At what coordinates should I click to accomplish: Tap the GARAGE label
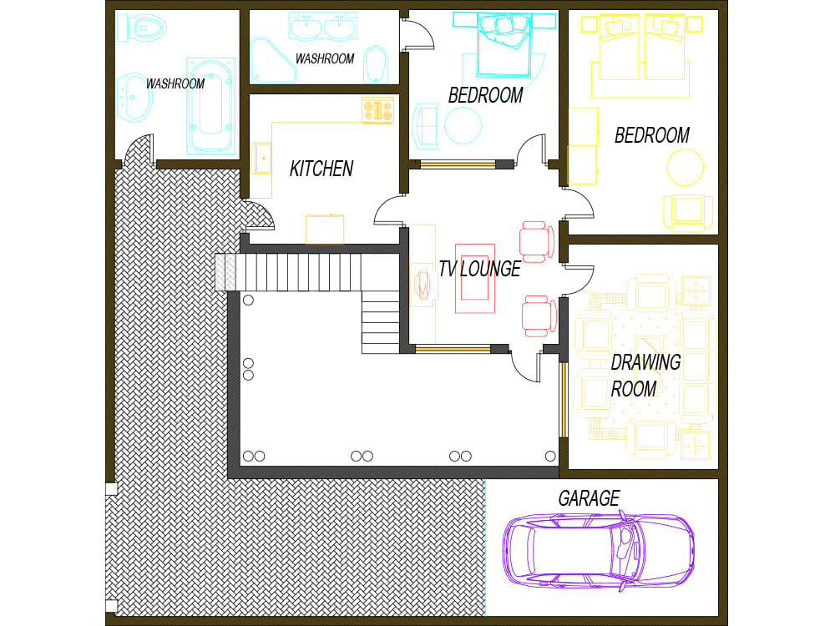tap(589, 499)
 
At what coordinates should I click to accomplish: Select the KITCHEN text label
tap(321, 169)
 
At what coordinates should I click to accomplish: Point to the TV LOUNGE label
tap(479, 269)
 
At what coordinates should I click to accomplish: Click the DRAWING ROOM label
tap(645, 376)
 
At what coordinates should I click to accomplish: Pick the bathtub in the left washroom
tap(210, 106)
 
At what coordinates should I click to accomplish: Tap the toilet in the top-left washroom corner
tap(140, 28)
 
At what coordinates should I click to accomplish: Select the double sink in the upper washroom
tap(323, 27)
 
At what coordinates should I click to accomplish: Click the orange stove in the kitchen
tap(377, 110)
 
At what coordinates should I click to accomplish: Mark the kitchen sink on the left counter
tap(262, 158)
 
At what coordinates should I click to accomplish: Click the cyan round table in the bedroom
tap(463, 126)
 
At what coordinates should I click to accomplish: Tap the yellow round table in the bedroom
tap(686, 166)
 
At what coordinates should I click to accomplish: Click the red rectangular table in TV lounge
tap(475, 278)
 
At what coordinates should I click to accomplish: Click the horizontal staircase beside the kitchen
tap(292, 273)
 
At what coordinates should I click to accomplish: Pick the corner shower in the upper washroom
tap(271, 61)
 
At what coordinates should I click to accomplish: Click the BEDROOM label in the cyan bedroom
tap(485, 95)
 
